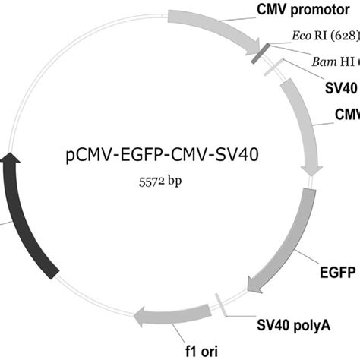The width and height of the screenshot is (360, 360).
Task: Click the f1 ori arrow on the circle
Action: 173,313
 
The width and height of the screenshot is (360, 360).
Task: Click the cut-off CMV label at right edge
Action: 347,113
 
